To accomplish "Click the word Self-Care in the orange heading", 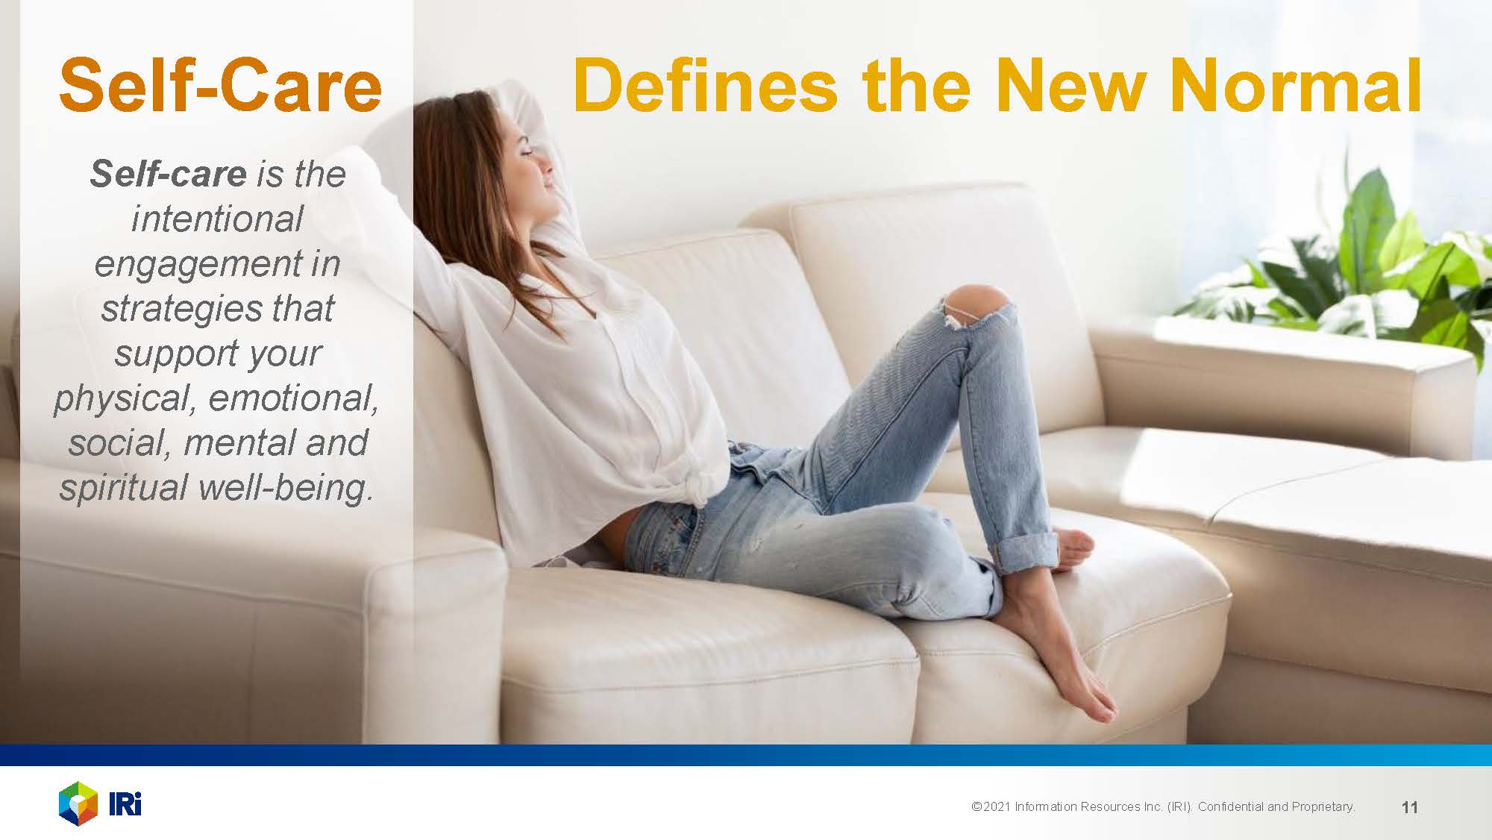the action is pyautogui.click(x=220, y=86).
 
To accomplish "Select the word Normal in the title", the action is pyautogui.click(x=1296, y=86).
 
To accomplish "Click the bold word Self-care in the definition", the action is pyautogui.click(x=168, y=174).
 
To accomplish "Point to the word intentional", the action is pyautogui.click(x=217, y=219).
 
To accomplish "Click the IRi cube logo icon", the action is pyautogui.click(x=78, y=804).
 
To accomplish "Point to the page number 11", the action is pyautogui.click(x=1409, y=807).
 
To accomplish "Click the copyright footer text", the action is pyautogui.click(x=1163, y=806).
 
